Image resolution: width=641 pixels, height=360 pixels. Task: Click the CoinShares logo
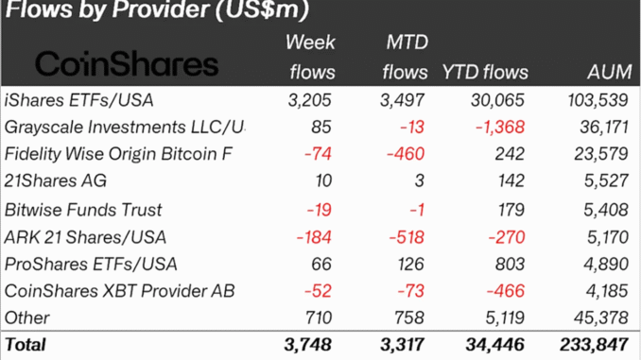pos(126,64)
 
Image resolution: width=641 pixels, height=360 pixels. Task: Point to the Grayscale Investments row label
pos(124,127)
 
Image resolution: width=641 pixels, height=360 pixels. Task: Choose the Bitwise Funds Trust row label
pos(83,209)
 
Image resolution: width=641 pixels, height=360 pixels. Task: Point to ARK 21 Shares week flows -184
pos(314,236)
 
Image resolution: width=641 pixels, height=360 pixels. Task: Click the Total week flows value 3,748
pos(308,345)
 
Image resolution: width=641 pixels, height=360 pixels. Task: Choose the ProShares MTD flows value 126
pos(412,263)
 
